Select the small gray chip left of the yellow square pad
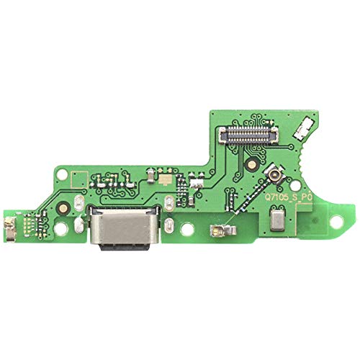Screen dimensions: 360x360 pyautogui.click(x=150, y=174)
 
